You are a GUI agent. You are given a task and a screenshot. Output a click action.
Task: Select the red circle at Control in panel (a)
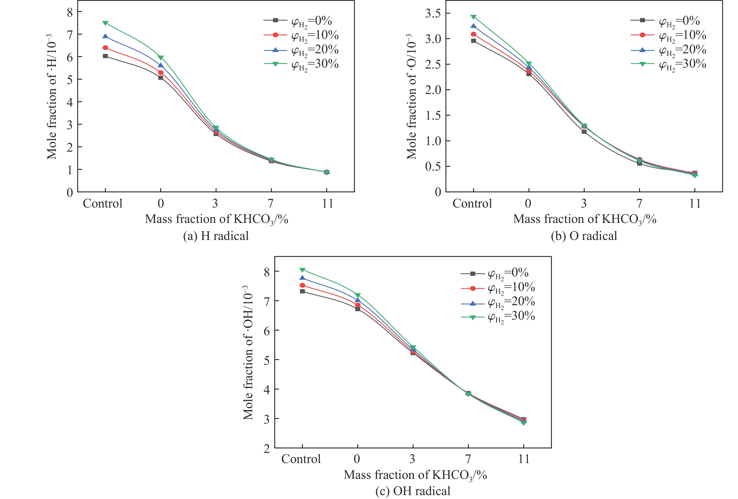point(105,48)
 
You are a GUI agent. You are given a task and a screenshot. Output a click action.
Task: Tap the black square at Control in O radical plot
point(473,41)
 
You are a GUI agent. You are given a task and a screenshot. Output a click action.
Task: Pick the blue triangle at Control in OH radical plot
point(302,278)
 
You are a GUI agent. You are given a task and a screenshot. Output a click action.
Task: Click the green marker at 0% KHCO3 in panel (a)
point(161,57)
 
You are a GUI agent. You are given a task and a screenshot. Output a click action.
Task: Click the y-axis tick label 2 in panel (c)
point(267,448)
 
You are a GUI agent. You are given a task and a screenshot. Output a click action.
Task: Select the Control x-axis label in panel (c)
point(301,459)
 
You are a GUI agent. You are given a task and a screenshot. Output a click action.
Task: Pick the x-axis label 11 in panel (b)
point(695,203)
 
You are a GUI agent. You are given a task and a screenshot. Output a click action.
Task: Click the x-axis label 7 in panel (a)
point(271,203)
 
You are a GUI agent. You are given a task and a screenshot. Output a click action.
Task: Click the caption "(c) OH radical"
point(413,491)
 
